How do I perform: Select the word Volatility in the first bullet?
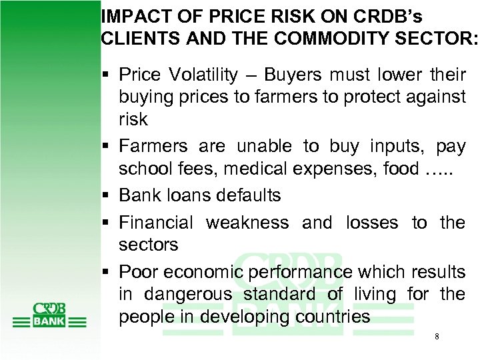tap(203, 75)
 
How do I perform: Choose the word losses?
tap(371, 223)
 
